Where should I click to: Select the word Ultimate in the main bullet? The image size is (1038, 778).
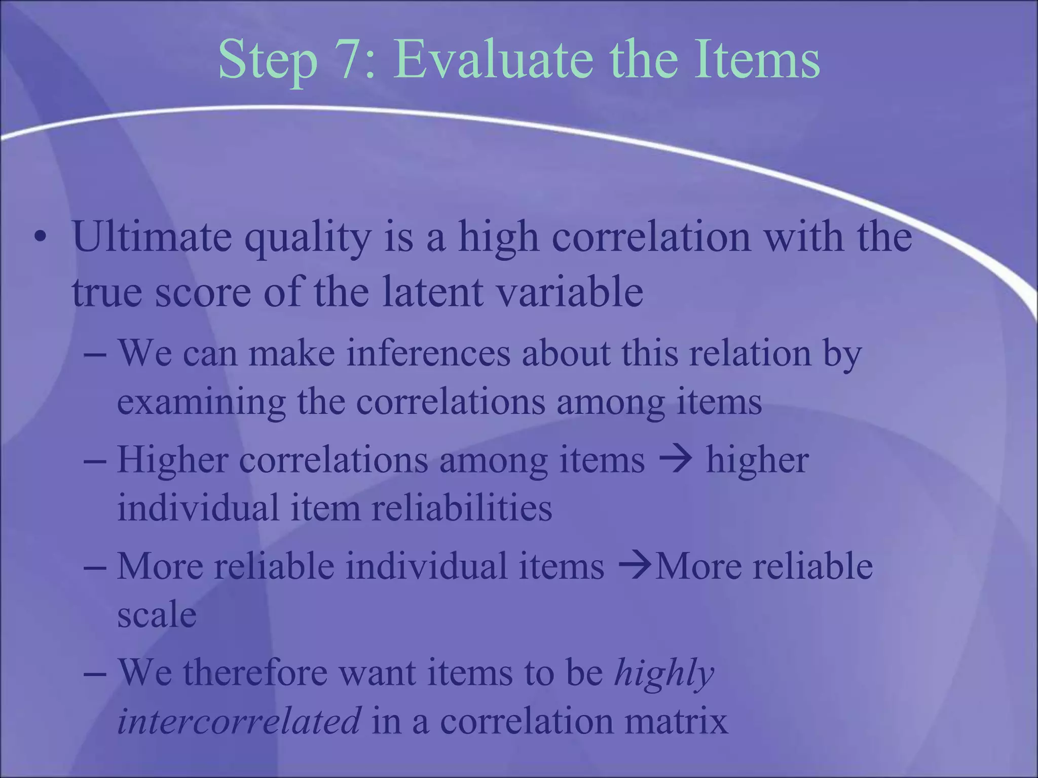(x=152, y=237)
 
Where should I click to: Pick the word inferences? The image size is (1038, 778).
(x=428, y=353)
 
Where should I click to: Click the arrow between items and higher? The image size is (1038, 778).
(x=675, y=459)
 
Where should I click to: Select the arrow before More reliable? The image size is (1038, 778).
(x=636, y=566)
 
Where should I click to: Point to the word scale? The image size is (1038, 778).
(x=157, y=615)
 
